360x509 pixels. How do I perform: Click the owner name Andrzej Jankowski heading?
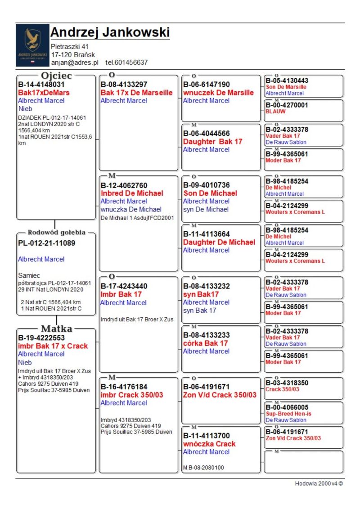110,32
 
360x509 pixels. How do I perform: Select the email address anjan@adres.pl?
74,63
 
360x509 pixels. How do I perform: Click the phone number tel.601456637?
126,63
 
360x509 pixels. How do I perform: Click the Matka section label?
57,329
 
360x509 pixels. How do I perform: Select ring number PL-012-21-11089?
46,243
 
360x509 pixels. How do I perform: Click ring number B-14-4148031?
41,85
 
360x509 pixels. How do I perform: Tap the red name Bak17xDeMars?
44,93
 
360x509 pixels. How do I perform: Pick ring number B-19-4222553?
41,338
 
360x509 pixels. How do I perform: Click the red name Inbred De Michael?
131,194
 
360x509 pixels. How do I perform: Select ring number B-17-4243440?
124,286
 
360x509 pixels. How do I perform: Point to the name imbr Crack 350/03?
131,395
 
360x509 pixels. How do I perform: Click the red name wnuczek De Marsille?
218,93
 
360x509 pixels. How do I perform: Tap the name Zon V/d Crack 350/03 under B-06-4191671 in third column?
220,395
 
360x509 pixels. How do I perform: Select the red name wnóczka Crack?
209,444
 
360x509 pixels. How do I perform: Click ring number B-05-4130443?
287,81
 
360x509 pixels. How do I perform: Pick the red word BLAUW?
275,111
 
